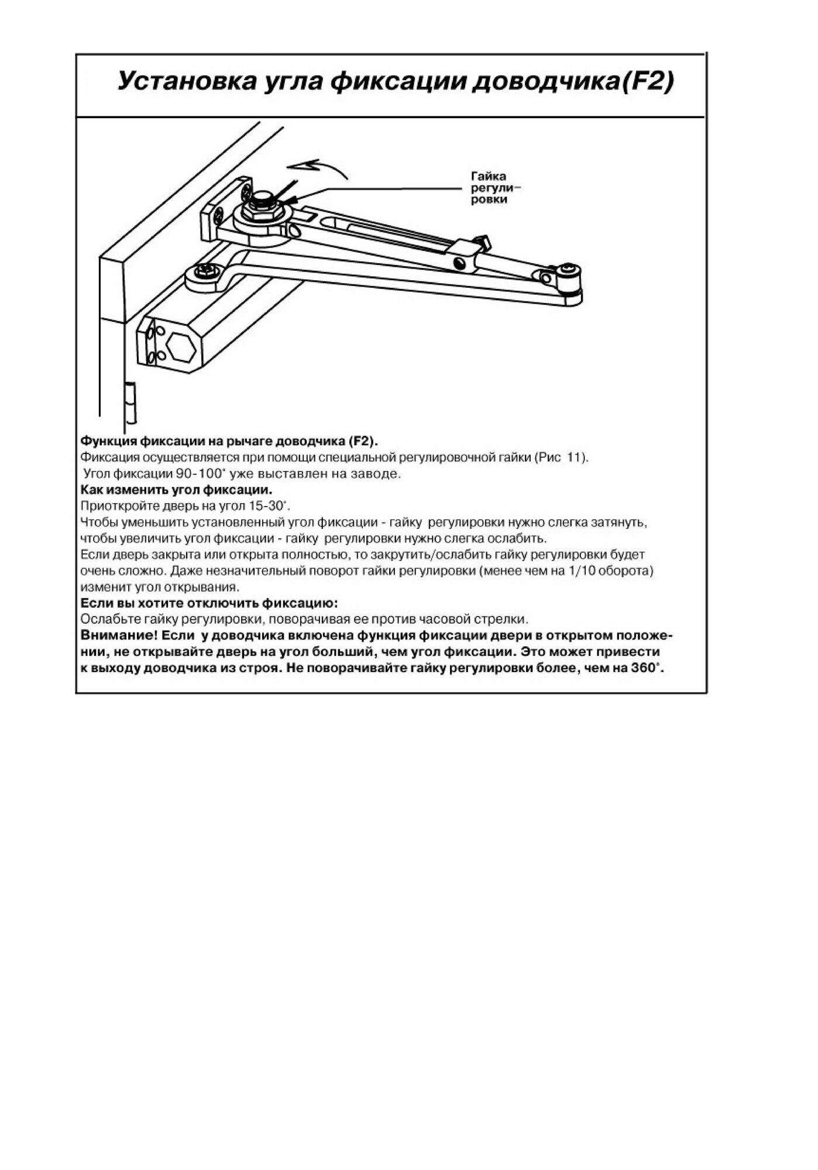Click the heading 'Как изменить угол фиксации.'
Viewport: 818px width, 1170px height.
pyautogui.click(x=176, y=489)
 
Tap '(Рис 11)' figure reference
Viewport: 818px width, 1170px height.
pyautogui.click(x=562, y=457)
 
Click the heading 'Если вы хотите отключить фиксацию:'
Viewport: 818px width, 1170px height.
pyautogui.click(x=209, y=603)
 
